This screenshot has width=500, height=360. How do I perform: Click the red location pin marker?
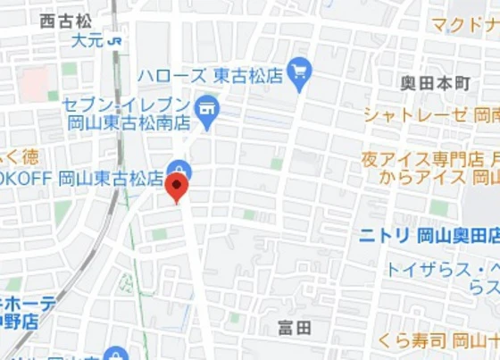177,188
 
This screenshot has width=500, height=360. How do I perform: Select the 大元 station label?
87,40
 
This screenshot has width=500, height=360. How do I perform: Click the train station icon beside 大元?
114,40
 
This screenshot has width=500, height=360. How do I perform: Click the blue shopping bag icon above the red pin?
179,168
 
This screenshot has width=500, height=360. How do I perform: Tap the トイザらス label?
435,269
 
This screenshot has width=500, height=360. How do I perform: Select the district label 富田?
294,328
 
